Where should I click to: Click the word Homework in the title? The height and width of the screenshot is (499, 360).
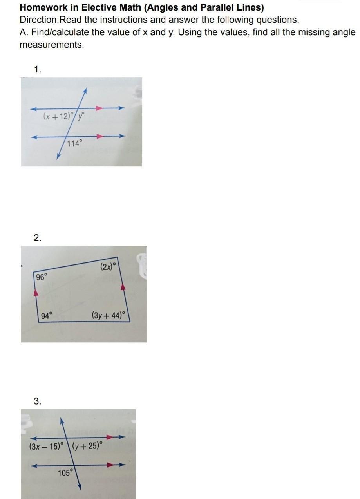(x=43, y=7)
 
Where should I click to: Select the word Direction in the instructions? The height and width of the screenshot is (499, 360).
(x=39, y=20)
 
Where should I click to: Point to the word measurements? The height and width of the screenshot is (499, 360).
(x=52, y=45)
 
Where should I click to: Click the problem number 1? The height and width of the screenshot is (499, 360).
(x=37, y=69)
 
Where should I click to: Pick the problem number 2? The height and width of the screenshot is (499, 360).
(x=38, y=238)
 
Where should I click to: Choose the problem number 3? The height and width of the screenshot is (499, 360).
(x=38, y=401)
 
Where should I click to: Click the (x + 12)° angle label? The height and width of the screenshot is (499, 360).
(x=58, y=116)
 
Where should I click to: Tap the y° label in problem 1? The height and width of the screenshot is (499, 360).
(x=81, y=116)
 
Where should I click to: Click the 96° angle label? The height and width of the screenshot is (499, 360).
(x=42, y=277)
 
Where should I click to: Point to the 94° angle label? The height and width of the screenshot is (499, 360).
(x=47, y=315)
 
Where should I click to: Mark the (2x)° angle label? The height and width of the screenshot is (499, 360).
(x=108, y=266)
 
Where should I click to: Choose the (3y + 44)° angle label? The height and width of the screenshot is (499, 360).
(x=109, y=315)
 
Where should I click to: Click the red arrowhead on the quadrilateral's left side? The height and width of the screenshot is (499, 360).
(x=36, y=293)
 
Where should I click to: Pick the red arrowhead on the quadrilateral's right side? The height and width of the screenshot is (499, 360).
(x=123, y=287)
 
